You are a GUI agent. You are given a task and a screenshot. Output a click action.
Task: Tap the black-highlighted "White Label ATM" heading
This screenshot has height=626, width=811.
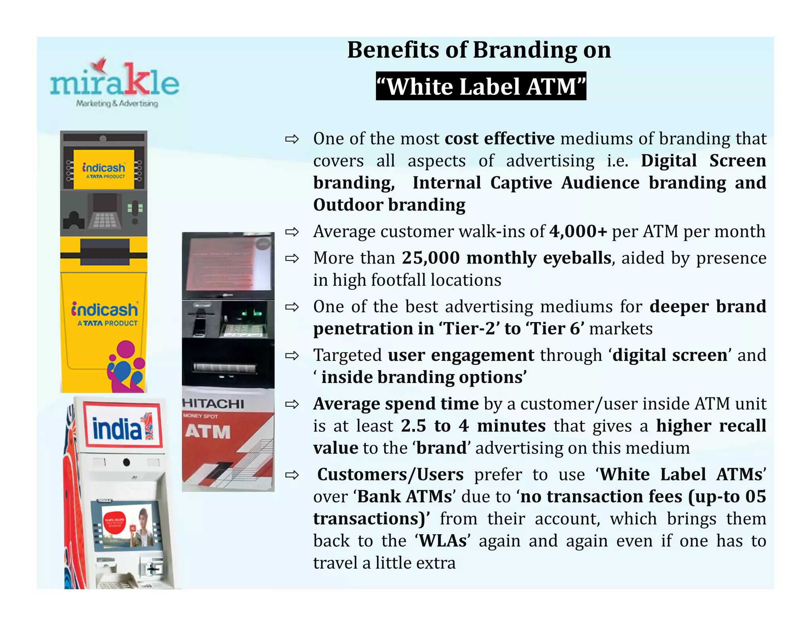click(481, 86)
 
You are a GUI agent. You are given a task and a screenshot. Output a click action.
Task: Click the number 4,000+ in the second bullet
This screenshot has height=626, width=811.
click(578, 231)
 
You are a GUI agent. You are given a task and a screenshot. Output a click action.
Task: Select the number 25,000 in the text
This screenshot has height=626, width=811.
click(431, 258)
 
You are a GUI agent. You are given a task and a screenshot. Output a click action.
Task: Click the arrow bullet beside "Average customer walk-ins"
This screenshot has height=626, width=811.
click(292, 232)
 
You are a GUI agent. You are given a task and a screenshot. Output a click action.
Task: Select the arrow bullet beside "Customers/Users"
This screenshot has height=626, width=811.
click(292, 475)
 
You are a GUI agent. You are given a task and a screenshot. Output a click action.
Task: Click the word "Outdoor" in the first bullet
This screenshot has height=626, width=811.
click(348, 205)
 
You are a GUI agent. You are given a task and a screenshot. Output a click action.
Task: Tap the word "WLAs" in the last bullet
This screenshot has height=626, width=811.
click(442, 541)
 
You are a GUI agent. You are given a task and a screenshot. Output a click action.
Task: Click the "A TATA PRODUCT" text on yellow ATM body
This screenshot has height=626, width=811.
click(107, 323)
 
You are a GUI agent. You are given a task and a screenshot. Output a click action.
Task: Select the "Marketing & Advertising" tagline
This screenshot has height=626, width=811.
click(117, 104)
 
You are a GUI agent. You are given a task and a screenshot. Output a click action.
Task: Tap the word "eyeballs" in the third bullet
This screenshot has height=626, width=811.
click(577, 258)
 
